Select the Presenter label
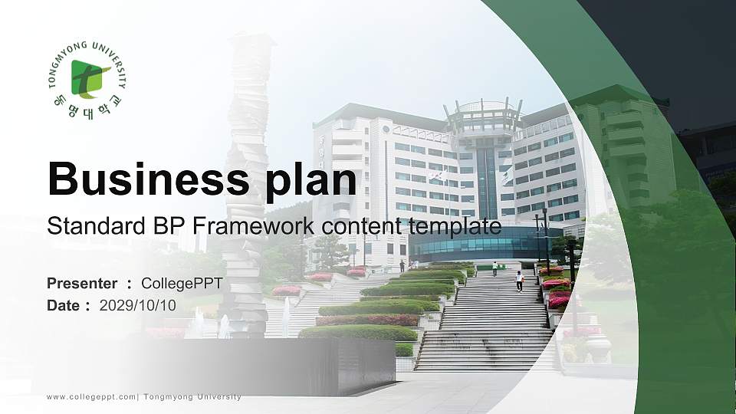82,284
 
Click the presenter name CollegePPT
182,284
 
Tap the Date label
64,305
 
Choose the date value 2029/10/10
138,305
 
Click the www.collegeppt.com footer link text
90,397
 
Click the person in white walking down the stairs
519,281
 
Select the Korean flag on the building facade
436,175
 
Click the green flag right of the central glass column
507,176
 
